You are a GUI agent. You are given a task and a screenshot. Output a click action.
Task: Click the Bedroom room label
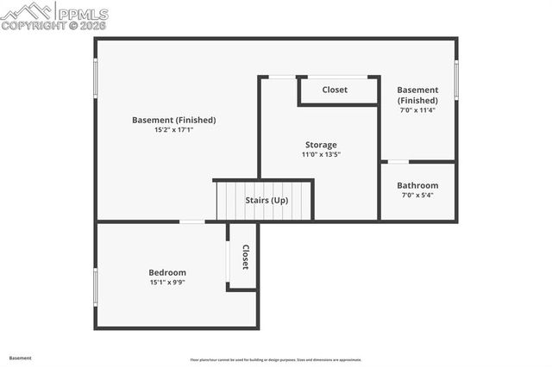(x=167, y=272)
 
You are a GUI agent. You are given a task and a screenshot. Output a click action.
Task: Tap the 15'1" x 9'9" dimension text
(x=167, y=283)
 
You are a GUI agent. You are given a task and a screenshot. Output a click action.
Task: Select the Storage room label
(x=321, y=145)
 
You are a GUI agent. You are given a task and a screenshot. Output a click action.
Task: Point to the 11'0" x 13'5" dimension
(x=321, y=155)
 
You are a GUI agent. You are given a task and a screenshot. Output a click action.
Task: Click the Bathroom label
(x=417, y=185)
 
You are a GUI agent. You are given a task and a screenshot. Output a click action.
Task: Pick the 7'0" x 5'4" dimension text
(x=417, y=196)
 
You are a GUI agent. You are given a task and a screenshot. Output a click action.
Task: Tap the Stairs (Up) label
(x=267, y=200)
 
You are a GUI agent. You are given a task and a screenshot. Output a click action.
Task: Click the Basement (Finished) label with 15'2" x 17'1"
(x=173, y=120)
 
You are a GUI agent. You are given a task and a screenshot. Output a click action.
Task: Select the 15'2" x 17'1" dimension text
(x=173, y=130)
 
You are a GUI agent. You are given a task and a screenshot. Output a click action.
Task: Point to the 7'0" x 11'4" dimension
(x=417, y=110)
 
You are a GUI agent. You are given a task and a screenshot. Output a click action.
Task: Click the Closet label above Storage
(x=335, y=90)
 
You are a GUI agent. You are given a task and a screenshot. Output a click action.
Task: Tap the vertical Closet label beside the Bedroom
(x=245, y=257)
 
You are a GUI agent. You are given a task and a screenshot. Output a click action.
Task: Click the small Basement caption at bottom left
(x=20, y=357)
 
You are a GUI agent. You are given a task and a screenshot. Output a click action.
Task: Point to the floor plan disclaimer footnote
(x=276, y=359)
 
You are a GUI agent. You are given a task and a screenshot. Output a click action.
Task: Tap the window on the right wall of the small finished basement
(x=456, y=79)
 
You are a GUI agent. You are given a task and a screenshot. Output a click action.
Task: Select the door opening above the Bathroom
(x=398, y=161)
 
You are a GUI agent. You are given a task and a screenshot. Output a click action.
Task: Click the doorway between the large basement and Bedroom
(x=192, y=222)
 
